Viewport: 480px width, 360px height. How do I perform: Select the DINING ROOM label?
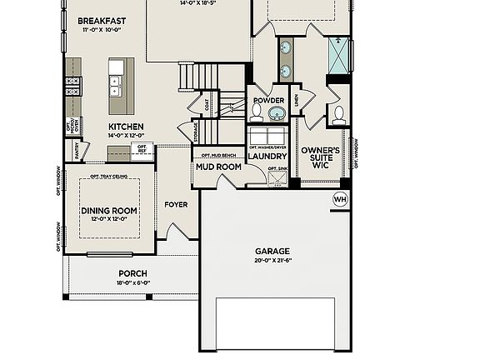(109, 210)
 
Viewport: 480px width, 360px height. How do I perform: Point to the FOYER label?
(176, 204)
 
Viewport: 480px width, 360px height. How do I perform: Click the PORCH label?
(132, 273)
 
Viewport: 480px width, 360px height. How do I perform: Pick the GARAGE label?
(272, 251)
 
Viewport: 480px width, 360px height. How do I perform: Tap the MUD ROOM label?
(218, 167)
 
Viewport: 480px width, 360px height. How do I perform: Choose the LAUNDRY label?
(267, 156)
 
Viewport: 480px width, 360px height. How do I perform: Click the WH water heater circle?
(339, 199)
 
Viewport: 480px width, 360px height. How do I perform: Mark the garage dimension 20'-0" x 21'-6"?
(272, 261)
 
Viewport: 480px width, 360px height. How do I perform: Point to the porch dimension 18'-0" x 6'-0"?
(132, 282)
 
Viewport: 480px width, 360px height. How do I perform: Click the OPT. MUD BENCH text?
(217, 155)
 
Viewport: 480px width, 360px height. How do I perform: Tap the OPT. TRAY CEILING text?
(109, 177)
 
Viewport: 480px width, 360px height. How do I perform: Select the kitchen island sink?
(117, 84)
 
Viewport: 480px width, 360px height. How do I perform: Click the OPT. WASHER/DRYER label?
(267, 147)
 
